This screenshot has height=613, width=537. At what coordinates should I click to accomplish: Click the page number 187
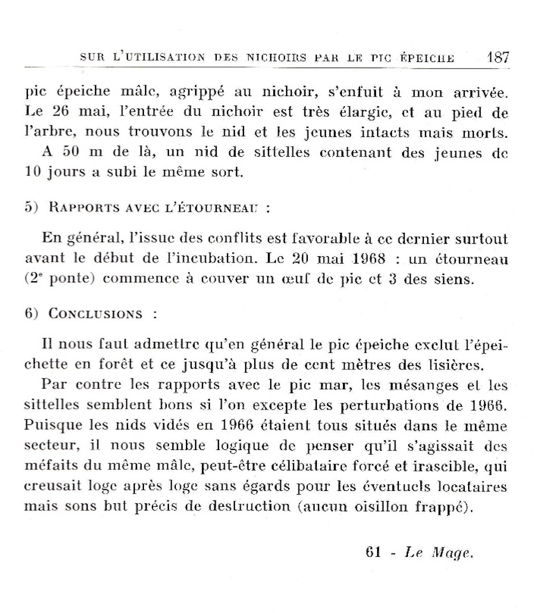[x=498, y=57]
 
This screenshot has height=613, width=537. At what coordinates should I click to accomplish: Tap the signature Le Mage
[x=439, y=553]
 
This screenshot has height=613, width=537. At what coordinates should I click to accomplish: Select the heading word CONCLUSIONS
[x=96, y=314]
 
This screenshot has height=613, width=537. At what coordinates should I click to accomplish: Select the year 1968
[x=365, y=259]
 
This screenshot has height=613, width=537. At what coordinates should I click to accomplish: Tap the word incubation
[x=220, y=259]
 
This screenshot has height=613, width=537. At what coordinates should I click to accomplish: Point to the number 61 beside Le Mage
[x=374, y=553]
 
